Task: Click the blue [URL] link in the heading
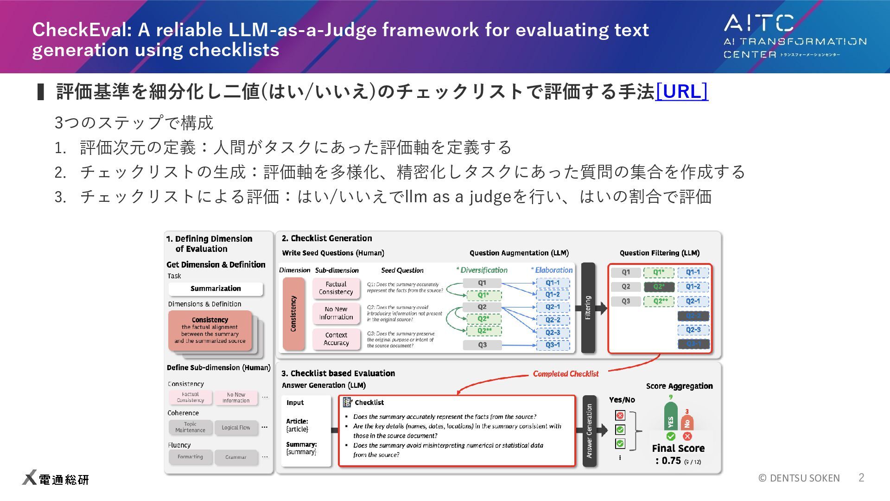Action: coord(681,91)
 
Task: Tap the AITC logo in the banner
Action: coord(795,36)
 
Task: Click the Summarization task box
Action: coord(216,289)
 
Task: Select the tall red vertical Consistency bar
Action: coord(293,314)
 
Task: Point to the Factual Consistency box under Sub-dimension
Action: coord(336,288)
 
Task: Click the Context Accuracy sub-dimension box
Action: coord(336,339)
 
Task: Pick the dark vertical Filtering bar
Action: coord(588,308)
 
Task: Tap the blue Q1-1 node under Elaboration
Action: coord(552,283)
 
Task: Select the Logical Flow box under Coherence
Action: coord(236,427)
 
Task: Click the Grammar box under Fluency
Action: coord(236,457)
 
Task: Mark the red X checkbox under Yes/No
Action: coord(620,415)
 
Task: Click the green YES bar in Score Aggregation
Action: coord(670,417)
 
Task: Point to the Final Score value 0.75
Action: coord(671,461)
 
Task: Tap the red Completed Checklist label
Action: coord(566,374)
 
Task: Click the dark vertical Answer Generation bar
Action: coord(589,430)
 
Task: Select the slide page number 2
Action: coord(861,477)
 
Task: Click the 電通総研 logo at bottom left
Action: coord(56,478)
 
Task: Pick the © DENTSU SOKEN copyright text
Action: coord(799,478)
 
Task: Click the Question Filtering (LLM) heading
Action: coord(659,253)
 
